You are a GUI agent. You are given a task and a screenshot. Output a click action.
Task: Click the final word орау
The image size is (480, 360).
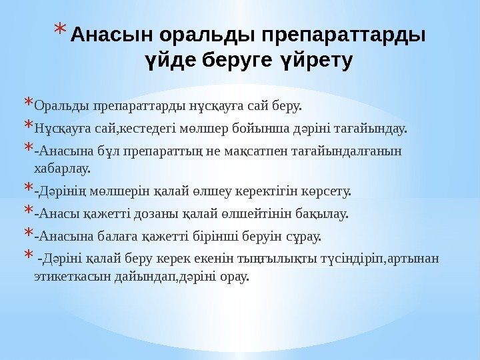pyautogui.click(x=235, y=275)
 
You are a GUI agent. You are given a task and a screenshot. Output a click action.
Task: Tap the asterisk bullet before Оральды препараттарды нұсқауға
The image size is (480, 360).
pyautogui.click(x=27, y=104)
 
